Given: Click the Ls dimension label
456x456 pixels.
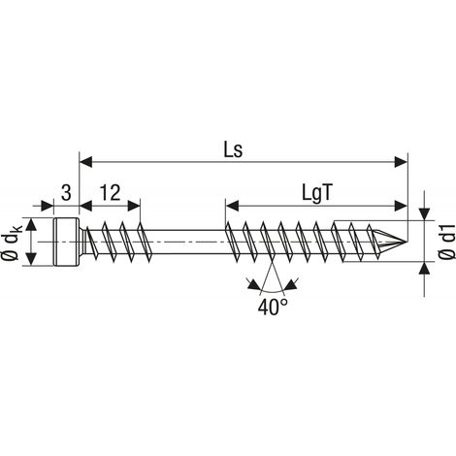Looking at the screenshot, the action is (233, 149).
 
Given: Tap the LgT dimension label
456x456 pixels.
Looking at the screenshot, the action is (317, 193).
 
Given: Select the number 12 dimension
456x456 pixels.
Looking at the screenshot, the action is (110, 193).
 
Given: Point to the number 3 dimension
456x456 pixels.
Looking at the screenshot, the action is (66, 193).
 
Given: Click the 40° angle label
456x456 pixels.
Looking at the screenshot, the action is (273, 307).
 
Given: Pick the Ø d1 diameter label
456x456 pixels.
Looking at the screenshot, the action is (447, 242).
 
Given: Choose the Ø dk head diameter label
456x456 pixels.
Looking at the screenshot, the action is (14, 243).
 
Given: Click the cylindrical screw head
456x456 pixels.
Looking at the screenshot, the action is (66, 242).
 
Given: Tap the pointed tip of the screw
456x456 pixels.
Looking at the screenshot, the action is (406, 242).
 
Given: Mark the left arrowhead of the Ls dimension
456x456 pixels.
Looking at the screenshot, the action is (86, 162).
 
